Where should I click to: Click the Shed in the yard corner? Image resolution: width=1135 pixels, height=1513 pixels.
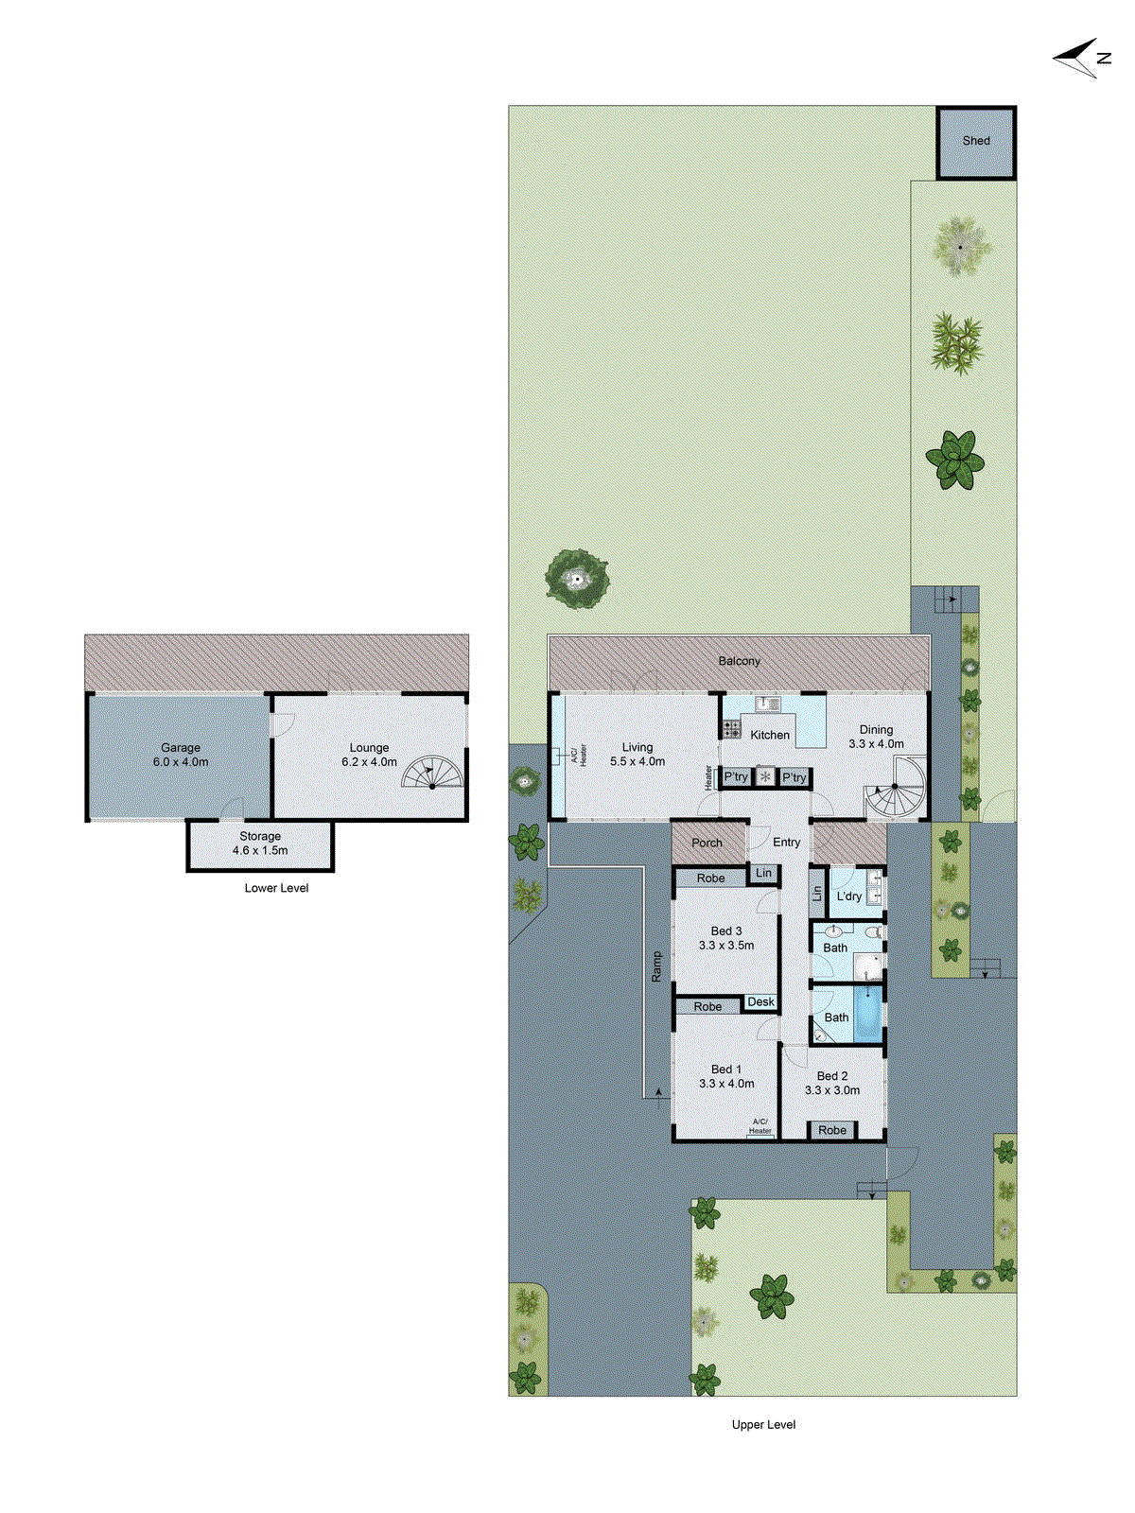(976, 142)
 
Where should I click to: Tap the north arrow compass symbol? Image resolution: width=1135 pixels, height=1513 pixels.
(1081, 59)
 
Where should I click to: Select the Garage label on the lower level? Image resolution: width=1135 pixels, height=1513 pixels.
(181, 747)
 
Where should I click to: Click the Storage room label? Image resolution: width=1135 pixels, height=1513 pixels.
(260, 836)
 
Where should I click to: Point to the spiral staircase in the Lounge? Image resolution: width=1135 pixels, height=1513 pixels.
(432, 773)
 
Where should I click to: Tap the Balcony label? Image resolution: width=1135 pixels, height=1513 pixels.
(739, 661)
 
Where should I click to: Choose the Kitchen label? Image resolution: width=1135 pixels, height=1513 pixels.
(770, 735)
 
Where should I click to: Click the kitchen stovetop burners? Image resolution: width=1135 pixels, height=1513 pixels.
(731, 728)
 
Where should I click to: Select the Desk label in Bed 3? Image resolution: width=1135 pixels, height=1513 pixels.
(760, 1001)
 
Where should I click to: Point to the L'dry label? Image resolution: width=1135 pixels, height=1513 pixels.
(848, 896)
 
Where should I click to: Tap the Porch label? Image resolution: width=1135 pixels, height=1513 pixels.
(707, 843)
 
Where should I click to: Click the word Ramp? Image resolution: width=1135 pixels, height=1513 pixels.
(657, 966)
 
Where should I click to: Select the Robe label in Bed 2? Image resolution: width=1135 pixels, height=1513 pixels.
(832, 1130)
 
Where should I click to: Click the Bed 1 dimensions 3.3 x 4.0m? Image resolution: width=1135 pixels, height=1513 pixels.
(726, 1084)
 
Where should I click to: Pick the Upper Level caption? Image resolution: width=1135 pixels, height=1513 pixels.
(763, 1424)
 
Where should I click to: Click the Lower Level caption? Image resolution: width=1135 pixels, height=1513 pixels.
(276, 888)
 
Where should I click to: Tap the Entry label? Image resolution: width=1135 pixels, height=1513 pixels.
(786, 842)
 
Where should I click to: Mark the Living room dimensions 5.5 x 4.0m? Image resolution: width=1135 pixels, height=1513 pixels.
(637, 761)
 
